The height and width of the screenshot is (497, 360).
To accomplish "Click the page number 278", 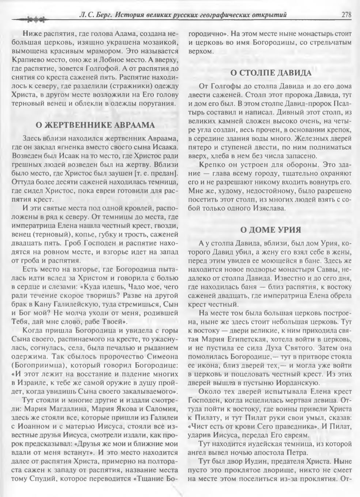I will (346, 15).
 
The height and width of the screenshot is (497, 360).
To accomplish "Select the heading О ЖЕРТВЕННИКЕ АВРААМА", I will (95, 125).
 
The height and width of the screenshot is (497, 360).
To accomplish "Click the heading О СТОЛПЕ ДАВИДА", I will (270, 73).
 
